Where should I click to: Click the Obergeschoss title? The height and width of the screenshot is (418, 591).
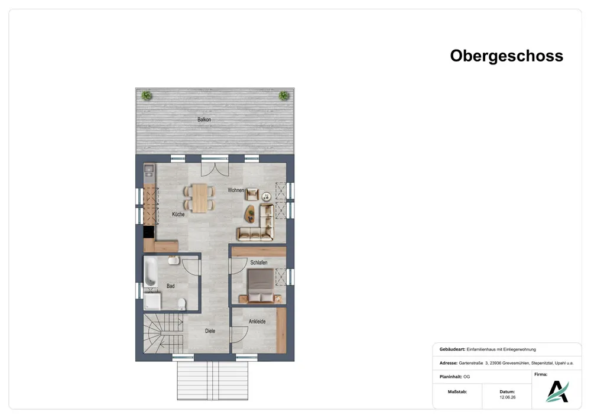[x=506, y=56]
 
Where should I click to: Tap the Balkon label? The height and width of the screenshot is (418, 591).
[x=204, y=119]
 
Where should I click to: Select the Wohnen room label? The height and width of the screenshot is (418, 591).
[x=236, y=190]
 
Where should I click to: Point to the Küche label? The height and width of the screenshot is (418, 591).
[x=178, y=214]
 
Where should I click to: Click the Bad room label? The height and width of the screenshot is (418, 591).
[x=170, y=286]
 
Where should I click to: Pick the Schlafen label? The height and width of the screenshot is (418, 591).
[x=259, y=263]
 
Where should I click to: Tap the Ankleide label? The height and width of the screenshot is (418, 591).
[x=257, y=322]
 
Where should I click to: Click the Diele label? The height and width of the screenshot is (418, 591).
[x=210, y=331]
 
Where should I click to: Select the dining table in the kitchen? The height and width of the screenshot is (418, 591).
[x=200, y=198]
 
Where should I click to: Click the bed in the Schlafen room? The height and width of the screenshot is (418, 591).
[x=260, y=286]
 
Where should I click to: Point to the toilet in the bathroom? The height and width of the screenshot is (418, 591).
[x=181, y=304]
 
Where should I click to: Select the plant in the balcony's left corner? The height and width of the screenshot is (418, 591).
[x=147, y=95]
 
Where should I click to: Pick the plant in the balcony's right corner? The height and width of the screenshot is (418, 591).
[x=284, y=95]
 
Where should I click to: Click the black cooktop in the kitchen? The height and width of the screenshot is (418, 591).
[x=149, y=232]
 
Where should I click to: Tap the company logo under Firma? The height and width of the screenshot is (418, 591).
[x=557, y=391]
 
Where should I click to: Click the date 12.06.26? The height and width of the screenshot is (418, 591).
[x=507, y=397]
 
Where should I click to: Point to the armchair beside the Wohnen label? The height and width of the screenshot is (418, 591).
[x=252, y=194]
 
